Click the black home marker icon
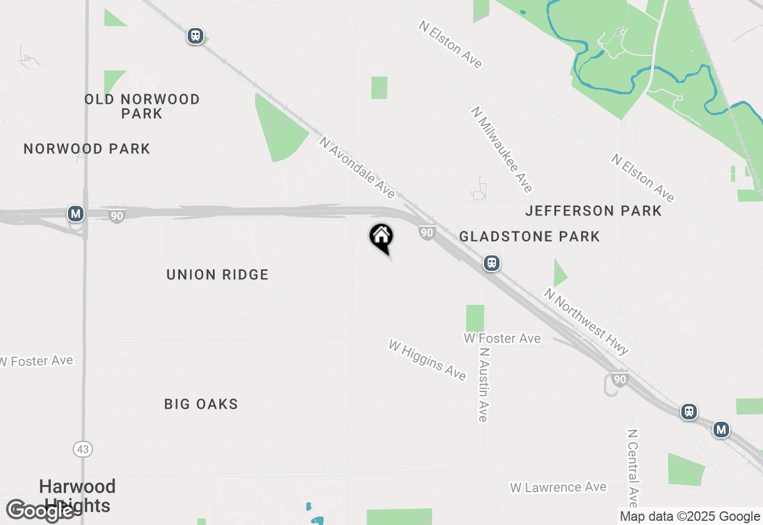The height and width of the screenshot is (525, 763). (x=381, y=237)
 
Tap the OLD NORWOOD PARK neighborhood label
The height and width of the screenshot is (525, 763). (x=142, y=106)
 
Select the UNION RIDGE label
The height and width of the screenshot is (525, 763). (x=218, y=274)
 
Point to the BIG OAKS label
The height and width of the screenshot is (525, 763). (x=201, y=404)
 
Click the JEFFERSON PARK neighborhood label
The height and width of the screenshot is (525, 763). (x=593, y=211)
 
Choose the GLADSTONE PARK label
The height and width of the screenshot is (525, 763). (x=529, y=236)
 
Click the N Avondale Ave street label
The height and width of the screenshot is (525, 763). (x=357, y=168)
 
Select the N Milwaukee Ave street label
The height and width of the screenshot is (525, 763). (x=501, y=150)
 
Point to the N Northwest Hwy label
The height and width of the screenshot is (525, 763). (x=586, y=322)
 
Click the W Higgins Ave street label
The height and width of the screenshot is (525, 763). (x=427, y=360)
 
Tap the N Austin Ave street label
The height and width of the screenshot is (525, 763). (x=483, y=385)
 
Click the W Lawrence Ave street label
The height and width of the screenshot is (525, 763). (x=558, y=487)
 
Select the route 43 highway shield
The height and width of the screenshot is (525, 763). (x=83, y=449)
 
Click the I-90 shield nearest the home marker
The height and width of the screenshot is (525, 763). (x=426, y=233)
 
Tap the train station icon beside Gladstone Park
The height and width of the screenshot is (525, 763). (x=492, y=263)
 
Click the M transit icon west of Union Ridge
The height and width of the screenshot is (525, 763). (x=75, y=213)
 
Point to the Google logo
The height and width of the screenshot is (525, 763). (x=41, y=511)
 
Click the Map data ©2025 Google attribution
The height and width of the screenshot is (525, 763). (x=690, y=517)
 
